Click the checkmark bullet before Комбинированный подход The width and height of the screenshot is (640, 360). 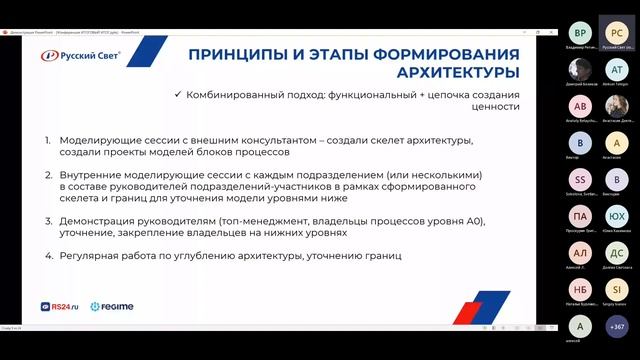(x=177, y=93)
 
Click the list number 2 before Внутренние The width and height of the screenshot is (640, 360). (x=46, y=173)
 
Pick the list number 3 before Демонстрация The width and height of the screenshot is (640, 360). (x=46, y=218)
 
